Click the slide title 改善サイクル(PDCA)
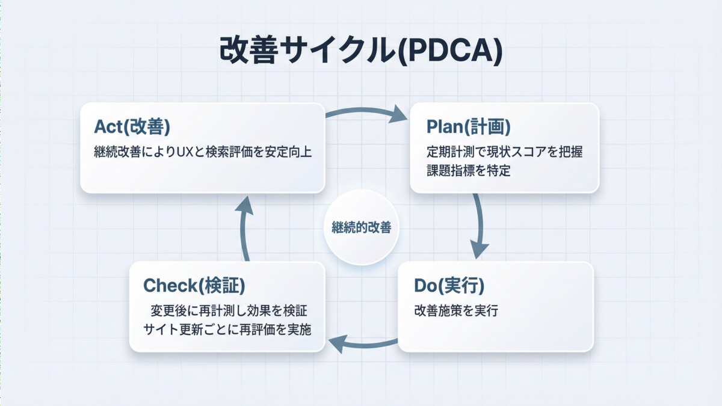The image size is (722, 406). [360, 51]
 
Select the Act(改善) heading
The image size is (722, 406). [132, 127]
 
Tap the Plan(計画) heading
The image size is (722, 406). [468, 127]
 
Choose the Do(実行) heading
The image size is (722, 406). [449, 286]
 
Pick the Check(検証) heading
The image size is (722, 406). [194, 286]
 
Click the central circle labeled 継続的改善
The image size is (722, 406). [361, 227]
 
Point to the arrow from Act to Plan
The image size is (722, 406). [367, 112]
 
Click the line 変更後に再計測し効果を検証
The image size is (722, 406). [229, 311]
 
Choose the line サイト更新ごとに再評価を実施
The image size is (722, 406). [227, 329]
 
